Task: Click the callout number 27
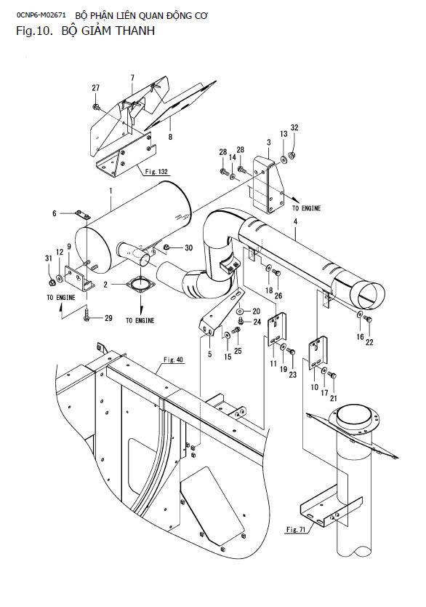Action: click(x=95, y=88)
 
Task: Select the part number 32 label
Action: click(x=294, y=128)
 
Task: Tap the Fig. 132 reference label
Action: click(x=157, y=172)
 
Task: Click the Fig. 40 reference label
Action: click(x=173, y=360)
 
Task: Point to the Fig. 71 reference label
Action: click(x=296, y=529)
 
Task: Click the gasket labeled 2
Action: click(x=140, y=285)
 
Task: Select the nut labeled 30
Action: click(x=166, y=247)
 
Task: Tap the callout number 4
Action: click(x=295, y=222)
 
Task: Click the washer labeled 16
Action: click(x=360, y=314)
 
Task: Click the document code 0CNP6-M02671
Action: click(x=41, y=15)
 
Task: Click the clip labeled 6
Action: click(x=82, y=215)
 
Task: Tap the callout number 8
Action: click(x=171, y=137)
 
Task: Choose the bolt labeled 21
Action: click(x=332, y=375)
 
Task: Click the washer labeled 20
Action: click(x=241, y=311)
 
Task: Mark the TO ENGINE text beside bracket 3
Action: click(x=306, y=208)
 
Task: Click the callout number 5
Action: click(x=210, y=354)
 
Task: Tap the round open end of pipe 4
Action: click(x=369, y=295)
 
